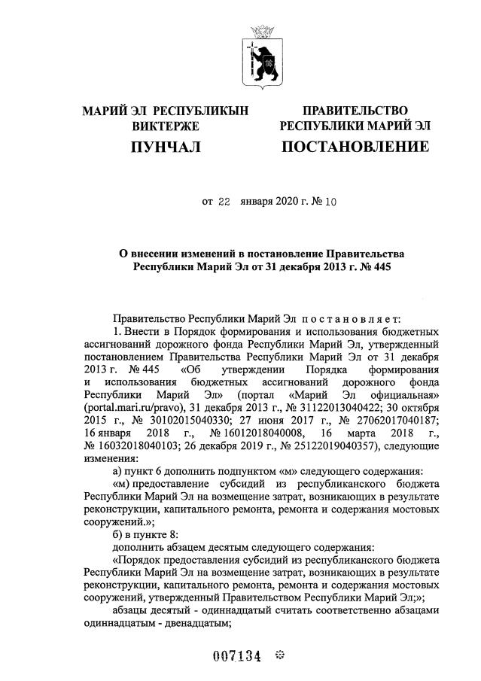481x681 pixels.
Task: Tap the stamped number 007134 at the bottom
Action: click(x=236, y=655)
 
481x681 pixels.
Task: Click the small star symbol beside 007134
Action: click(x=278, y=655)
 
